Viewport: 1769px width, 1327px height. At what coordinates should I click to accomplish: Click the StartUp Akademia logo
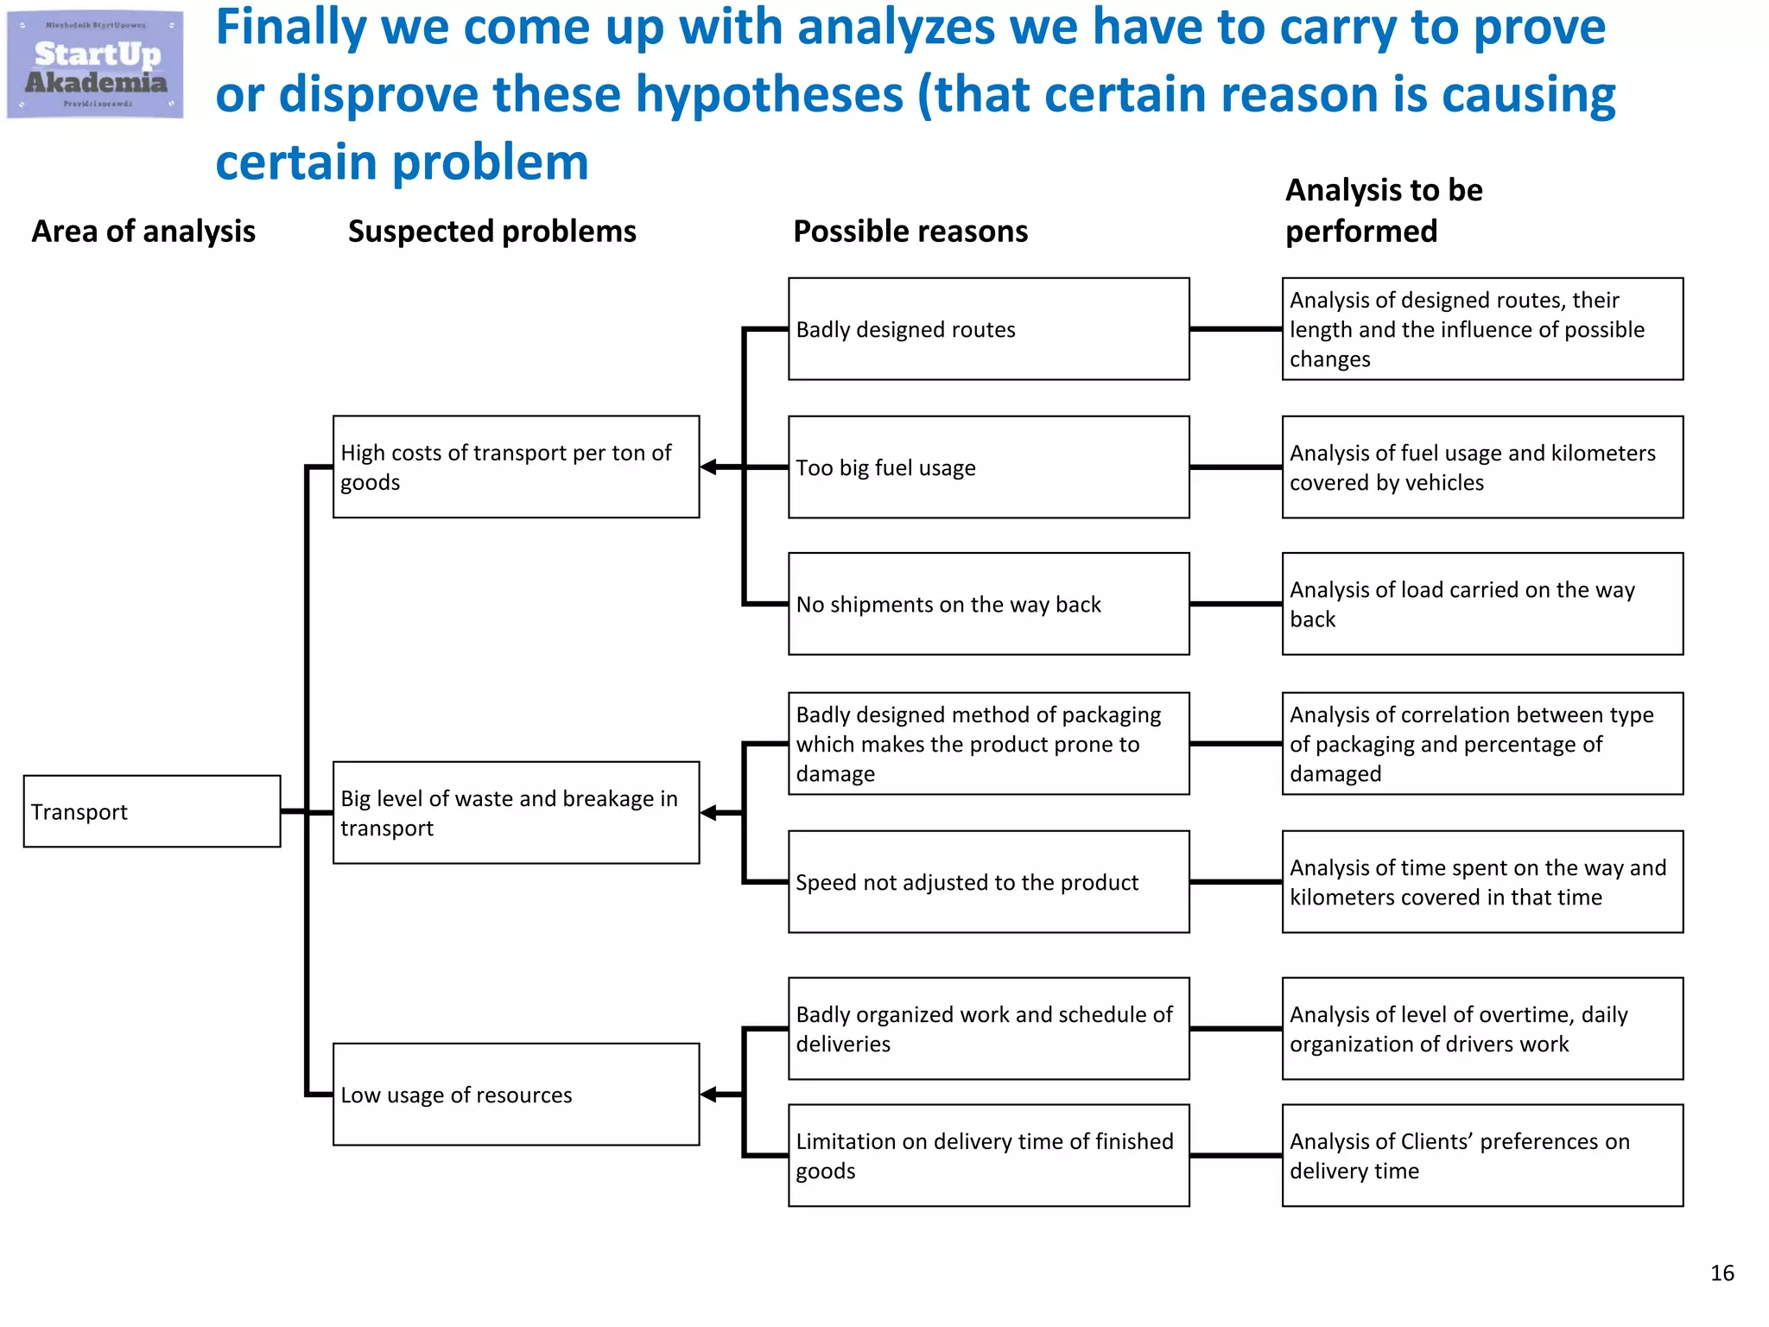[95, 65]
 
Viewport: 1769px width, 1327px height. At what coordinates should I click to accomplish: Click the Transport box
[152, 811]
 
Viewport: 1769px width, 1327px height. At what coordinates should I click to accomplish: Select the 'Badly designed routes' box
[988, 329]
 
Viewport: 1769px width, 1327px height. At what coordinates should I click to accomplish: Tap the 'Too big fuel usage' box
[988, 467]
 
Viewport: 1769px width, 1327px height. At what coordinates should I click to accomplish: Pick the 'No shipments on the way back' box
[988, 604]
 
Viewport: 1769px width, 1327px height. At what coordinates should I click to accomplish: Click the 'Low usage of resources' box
[516, 1095]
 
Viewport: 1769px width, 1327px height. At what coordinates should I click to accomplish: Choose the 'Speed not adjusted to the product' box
[988, 882]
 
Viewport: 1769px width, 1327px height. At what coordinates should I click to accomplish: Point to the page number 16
[1721, 1273]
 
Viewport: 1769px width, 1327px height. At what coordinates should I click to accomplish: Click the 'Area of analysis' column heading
[143, 232]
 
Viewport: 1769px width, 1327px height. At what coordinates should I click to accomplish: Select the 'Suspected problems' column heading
[491, 232]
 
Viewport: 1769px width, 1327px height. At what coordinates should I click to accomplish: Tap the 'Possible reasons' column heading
[910, 232]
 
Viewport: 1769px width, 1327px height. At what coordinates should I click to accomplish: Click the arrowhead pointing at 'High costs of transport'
[709, 467]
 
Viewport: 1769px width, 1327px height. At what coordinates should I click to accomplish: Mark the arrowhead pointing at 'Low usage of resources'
[709, 1095]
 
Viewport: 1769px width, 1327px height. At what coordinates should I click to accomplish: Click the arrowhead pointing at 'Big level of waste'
[709, 813]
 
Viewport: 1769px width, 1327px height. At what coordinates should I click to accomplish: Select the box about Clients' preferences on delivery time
[1482, 1155]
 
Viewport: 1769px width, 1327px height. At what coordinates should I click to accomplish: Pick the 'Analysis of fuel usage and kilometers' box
[1482, 467]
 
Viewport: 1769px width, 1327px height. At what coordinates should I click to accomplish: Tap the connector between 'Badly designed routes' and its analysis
[1235, 329]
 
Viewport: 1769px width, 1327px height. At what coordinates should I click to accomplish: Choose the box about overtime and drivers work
[1482, 1029]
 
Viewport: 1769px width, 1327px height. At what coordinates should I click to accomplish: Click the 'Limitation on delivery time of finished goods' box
[988, 1155]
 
